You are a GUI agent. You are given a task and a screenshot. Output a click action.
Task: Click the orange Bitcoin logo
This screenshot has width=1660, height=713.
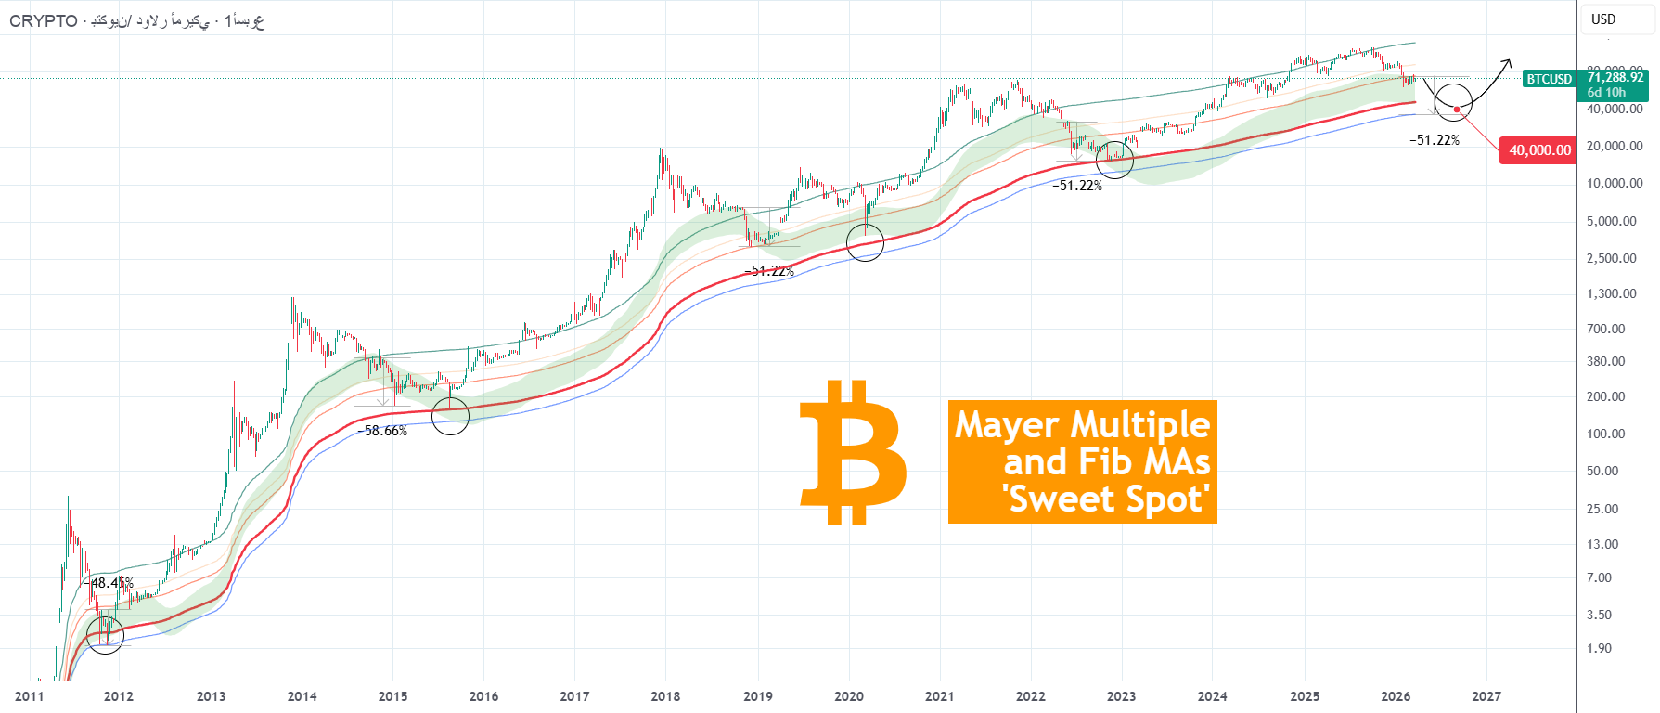(853, 452)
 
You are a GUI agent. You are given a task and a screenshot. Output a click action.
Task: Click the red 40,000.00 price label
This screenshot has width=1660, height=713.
(1538, 150)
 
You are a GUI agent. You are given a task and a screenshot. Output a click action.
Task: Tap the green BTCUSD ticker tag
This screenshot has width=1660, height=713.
(1549, 79)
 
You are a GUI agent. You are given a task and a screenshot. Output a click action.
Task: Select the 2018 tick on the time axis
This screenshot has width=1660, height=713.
(665, 696)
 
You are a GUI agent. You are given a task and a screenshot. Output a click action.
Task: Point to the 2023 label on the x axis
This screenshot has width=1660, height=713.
(1121, 696)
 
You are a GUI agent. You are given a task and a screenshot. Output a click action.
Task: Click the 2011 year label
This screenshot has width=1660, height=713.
(29, 696)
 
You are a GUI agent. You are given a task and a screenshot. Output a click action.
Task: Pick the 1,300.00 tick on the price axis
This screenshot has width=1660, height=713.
(1611, 294)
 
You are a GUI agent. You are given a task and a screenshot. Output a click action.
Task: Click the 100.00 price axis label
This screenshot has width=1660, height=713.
(1605, 434)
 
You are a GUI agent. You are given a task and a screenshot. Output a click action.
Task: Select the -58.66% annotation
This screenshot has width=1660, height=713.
(382, 431)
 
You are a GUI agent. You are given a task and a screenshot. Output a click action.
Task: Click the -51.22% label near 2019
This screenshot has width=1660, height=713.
(769, 271)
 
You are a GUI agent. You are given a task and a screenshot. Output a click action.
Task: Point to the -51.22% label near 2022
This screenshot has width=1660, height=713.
(1077, 186)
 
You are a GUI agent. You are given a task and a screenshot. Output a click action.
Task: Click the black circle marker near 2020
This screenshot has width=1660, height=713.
(865, 243)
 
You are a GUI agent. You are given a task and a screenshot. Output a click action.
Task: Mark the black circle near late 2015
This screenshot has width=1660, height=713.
(451, 416)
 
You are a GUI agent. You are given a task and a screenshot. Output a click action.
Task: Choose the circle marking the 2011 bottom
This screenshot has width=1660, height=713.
(105, 635)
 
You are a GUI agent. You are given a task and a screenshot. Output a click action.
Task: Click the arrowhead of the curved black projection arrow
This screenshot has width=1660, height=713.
(1507, 62)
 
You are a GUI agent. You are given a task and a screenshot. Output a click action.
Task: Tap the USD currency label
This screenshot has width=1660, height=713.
(1603, 19)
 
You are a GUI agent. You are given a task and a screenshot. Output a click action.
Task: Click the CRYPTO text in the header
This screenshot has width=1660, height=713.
(43, 21)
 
